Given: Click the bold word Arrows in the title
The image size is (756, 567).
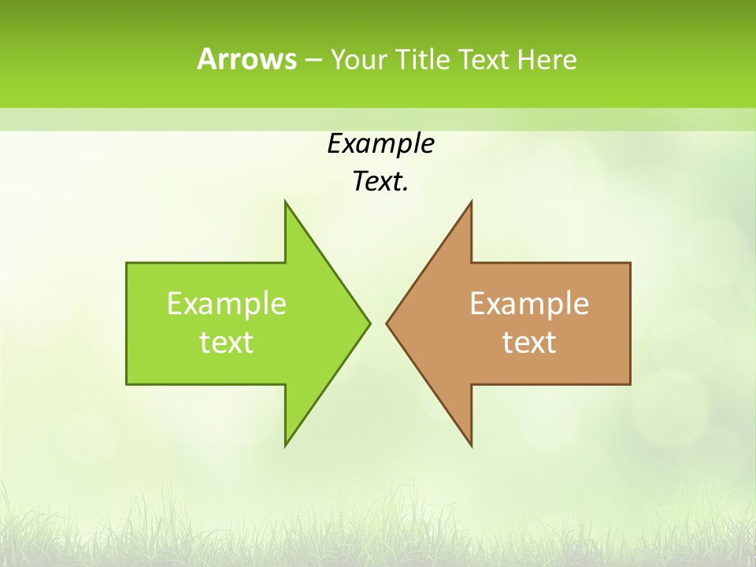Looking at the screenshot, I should tap(246, 59).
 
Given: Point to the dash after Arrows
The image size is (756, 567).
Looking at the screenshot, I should tap(313, 60).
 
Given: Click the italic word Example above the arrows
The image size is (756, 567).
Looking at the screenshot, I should tap(380, 144).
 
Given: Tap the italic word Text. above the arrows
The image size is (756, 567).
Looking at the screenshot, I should tap(380, 182).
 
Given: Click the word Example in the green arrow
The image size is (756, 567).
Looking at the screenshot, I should tap(227, 303).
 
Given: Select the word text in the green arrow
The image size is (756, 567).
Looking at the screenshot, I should tap(227, 343).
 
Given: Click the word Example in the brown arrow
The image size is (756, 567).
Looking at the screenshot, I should tap(529, 303).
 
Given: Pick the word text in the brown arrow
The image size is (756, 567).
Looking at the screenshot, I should tap(529, 343).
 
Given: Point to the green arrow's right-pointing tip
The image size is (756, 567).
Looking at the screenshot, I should tap(370, 323).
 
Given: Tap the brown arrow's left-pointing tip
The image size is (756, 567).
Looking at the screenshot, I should tap(387, 323).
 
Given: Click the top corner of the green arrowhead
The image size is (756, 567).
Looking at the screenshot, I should tap(285, 201).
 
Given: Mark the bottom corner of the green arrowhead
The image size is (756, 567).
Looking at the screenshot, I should tap(285, 447).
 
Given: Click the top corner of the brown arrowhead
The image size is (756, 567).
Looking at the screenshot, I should tap(472, 201).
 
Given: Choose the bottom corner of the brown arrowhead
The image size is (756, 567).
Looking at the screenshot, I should tap(472, 447).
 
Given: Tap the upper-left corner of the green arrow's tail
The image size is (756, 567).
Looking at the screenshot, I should tap(127, 263).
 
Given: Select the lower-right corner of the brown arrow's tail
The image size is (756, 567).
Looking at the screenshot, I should tap(630, 384).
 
